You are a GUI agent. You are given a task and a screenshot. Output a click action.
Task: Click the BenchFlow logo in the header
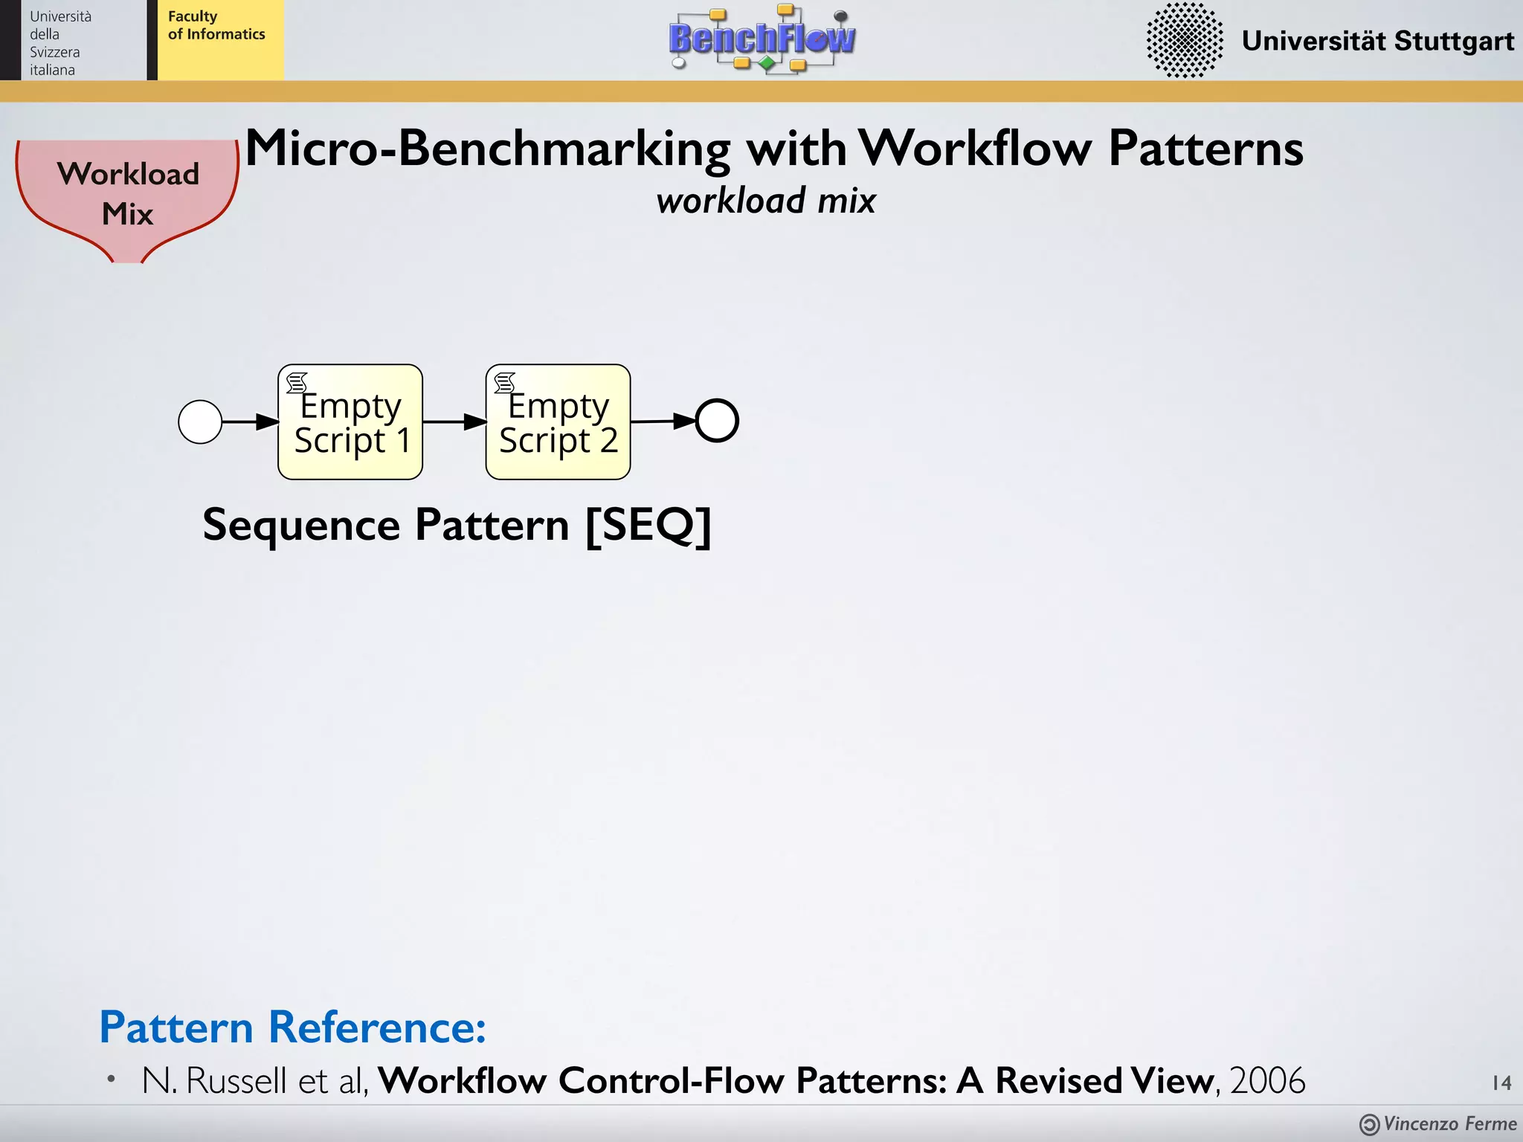click(x=761, y=39)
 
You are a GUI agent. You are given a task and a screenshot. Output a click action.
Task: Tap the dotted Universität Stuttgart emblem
click(x=1184, y=40)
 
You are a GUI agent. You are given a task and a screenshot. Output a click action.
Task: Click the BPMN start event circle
click(x=200, y=422)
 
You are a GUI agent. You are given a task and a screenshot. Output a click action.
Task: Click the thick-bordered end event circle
click(x=717, y=421)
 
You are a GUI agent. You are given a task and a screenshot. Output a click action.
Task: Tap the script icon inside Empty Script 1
click(x=297, y=383)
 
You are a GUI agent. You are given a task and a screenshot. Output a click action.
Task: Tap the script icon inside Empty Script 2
click(x=504, y=383)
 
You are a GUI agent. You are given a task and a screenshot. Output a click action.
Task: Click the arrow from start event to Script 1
click(x=250, y=422)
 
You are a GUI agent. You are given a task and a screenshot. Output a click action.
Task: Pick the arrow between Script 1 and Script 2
click(x=454, y=422)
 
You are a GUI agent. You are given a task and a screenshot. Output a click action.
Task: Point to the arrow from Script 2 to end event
click(x=662, y=421)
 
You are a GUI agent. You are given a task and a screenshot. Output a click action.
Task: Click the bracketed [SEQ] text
click(x=648, y=526)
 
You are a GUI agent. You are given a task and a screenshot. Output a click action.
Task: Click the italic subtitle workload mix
click(x=765, y=201)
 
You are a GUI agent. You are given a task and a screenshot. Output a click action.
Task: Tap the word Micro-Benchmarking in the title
click(x=488, y=149)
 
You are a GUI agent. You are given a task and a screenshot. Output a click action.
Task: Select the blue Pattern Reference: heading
click(x=292, y=1028)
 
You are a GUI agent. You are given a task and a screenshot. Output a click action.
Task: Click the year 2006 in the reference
click(x=1267, y=1080)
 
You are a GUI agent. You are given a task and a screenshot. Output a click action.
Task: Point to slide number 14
click(x=1501, y=1083)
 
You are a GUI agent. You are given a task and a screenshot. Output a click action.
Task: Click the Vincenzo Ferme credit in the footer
click(x=1449, y=1123)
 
